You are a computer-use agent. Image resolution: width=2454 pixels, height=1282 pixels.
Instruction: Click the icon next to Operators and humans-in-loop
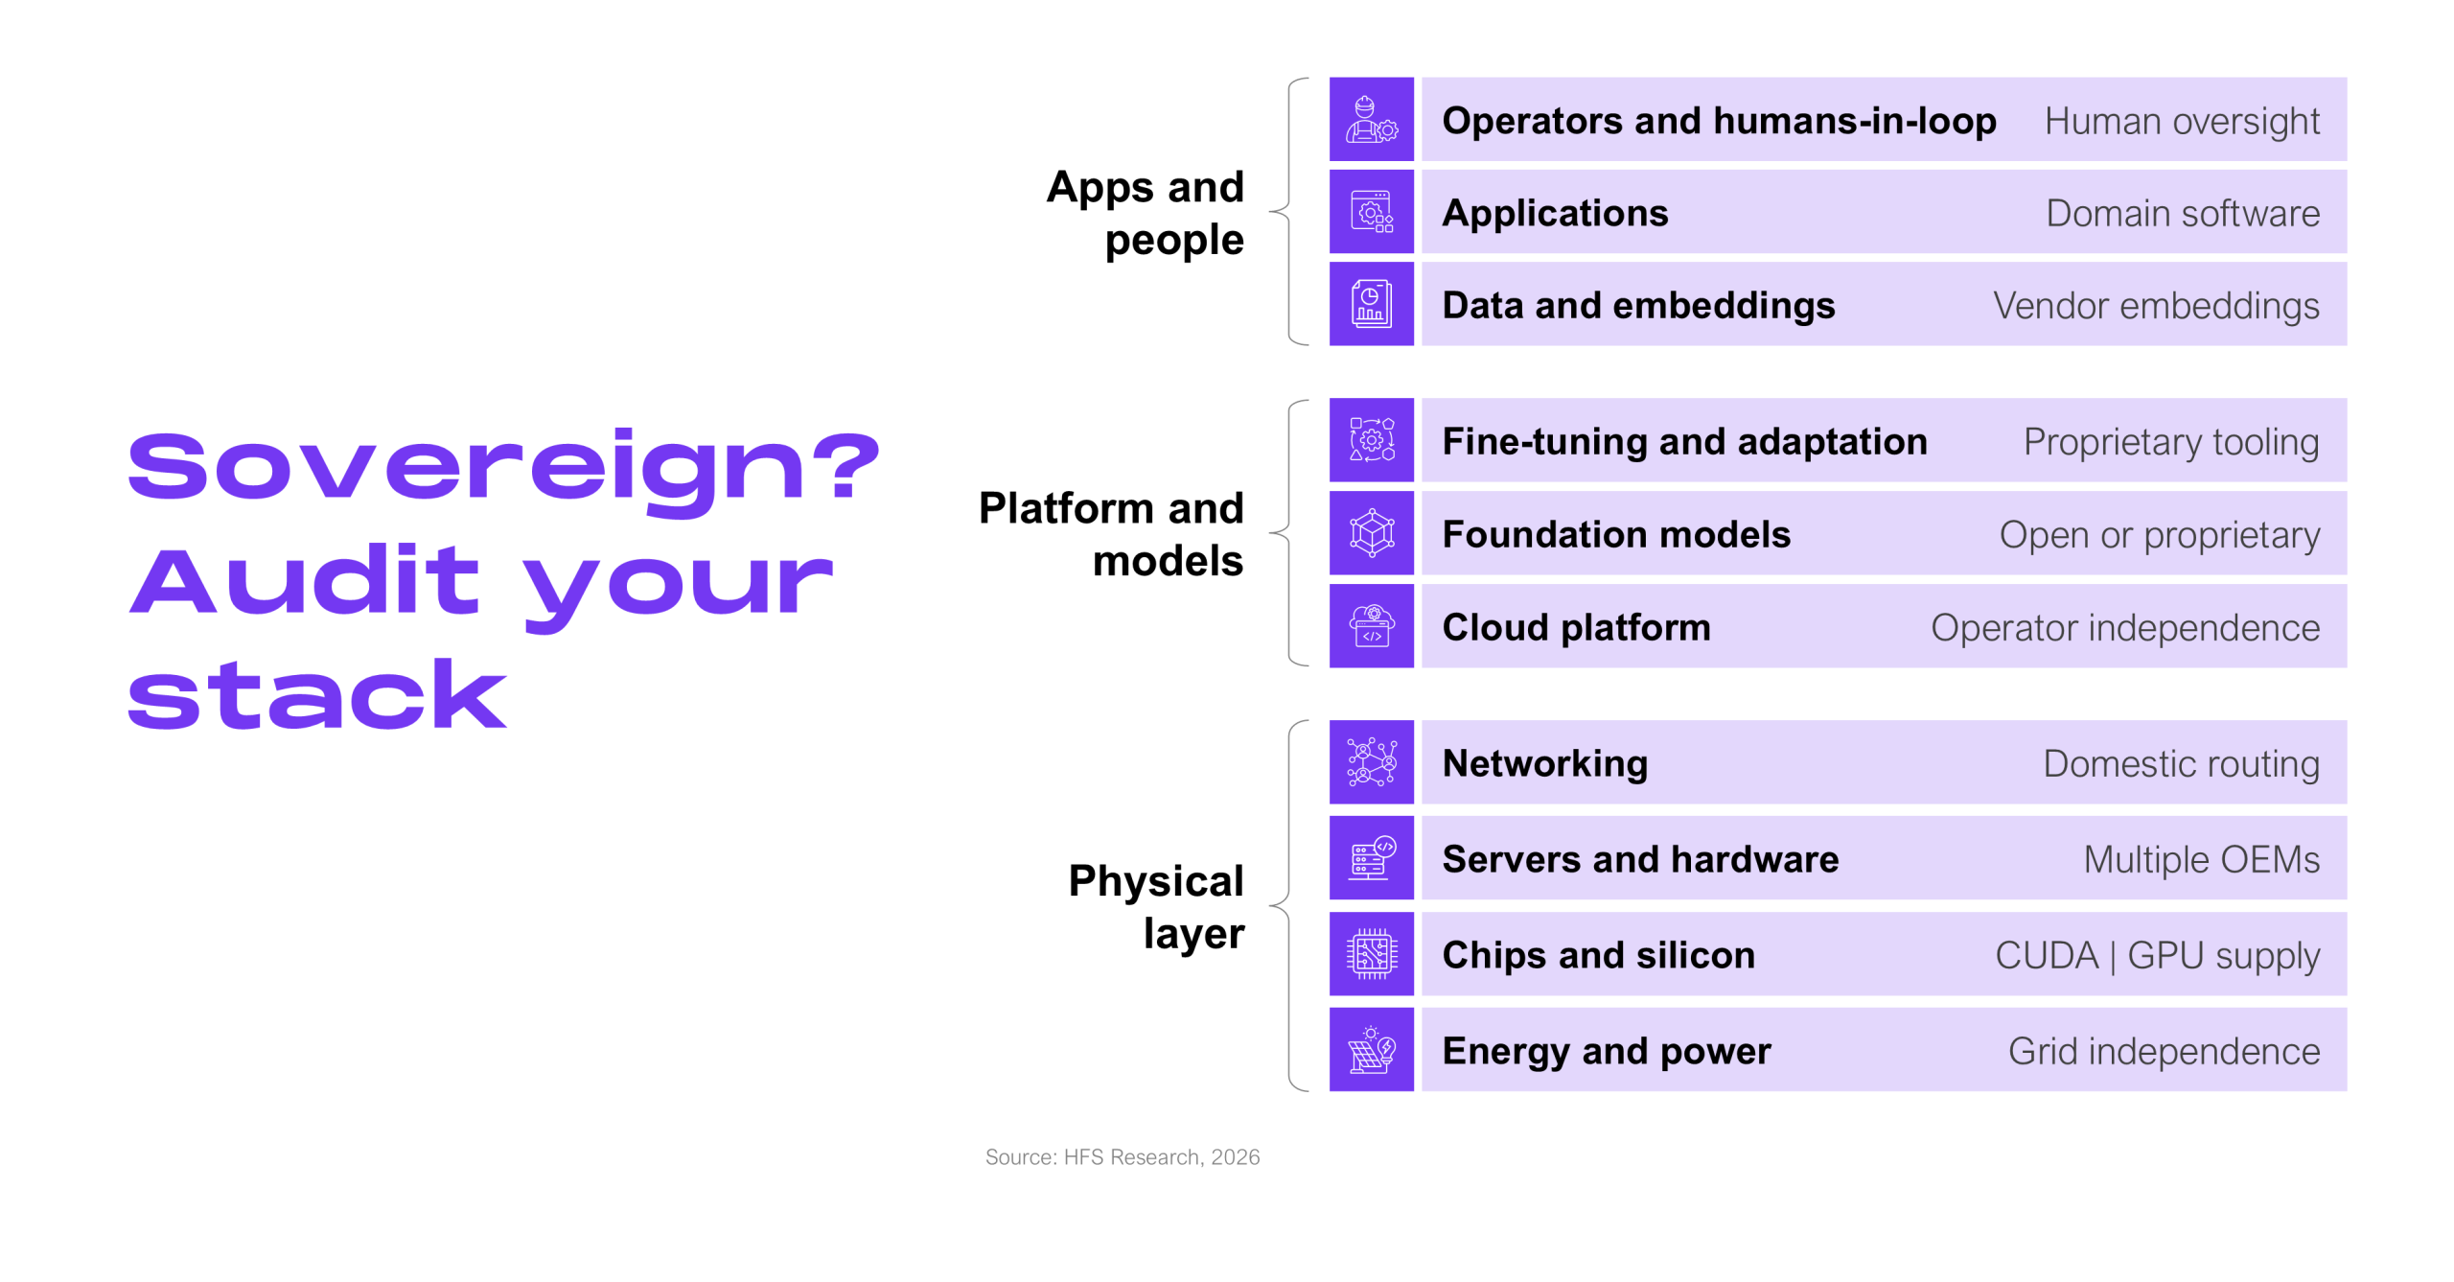click(1371, 120)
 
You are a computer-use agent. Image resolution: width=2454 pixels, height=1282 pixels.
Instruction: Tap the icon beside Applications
click(1371, 212)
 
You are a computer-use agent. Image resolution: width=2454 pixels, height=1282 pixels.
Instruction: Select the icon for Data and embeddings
click(1371, 304)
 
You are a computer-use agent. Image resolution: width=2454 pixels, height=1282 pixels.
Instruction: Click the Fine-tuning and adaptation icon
click(1371, 440)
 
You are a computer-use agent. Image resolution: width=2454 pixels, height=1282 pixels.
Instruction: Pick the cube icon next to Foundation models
click(1371, 533)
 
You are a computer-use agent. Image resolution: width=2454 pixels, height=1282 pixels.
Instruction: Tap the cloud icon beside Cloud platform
click(1371, 626)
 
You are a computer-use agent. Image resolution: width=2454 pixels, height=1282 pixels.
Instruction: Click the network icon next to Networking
click(1371, 762)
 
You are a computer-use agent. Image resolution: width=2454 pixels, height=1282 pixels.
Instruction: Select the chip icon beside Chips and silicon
click(1371, 954)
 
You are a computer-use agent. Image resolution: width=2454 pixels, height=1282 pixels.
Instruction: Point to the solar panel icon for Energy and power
click(1371, 1050)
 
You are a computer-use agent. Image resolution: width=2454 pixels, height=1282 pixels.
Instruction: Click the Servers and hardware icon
click(1371, 858)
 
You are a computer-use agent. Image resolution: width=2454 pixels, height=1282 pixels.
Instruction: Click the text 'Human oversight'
click(2182, 122)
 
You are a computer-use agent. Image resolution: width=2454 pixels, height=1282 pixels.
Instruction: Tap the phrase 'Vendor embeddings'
click(2157, 306)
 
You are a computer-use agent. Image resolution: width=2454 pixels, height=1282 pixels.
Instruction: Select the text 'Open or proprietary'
click(2160, 535)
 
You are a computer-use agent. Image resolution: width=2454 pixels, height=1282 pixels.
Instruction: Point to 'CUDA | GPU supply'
click(2158, 956)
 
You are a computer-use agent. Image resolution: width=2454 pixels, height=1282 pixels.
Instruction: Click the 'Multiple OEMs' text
click(2202, 859)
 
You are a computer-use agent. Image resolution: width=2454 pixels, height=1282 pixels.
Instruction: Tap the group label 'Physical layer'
click(1156, 906)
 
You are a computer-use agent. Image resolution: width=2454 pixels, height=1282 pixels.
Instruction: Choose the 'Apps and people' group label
click(1146, 213)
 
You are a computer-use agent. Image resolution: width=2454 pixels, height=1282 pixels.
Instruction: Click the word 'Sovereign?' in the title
click(504, 468)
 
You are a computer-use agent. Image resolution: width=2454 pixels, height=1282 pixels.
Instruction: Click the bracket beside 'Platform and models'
click(1281, 532)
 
